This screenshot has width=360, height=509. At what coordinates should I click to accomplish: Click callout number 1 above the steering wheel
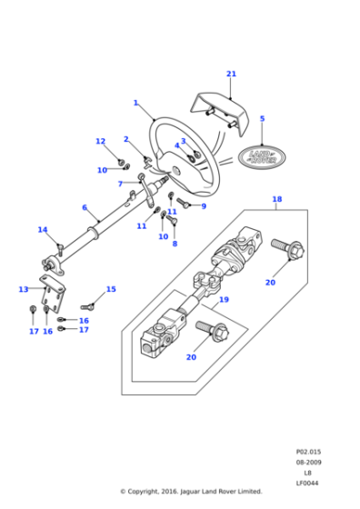pyautogui.click(x=135, y=103)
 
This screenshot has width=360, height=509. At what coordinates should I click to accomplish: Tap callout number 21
pyautogui.click(x=231, y=74)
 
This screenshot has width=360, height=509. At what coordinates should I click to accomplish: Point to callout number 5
pyautogui.click(x=262, y=118)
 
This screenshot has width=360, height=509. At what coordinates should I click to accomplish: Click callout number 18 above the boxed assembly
pyautogui.click(x=276, y=198)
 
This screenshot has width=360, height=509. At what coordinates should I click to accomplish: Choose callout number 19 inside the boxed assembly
pyautogui.click(x=224, y=299)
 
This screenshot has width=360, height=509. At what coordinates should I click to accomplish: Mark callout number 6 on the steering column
pyautogui.click(x=85, y=207)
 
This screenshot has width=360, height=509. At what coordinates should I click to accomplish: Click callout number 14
pyautogui.click(x=42, y=230)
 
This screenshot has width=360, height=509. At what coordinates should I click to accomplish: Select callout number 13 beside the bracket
pyautogui.click(x=24, y=289)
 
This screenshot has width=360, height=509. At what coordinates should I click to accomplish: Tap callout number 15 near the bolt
pyautogui.click(x=111, y=290)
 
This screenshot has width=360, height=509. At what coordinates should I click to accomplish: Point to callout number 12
pyautogui.click(x=101, y=141)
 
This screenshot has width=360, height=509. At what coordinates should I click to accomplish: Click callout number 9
pyautogui.click(x=203, y=206)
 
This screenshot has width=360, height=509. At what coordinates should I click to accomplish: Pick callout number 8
pyautogui.click(x=175, y=244)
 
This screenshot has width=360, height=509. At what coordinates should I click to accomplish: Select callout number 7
pyautogui.click(x=120, y=184)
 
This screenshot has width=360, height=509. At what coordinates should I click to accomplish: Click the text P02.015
pyautogui.click(x=307, y=451)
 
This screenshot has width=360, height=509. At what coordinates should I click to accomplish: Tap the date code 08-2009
pyautogui.click(x=307, y=462)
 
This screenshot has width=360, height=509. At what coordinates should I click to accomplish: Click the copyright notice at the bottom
pyautogui.click(x=191, y=492)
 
